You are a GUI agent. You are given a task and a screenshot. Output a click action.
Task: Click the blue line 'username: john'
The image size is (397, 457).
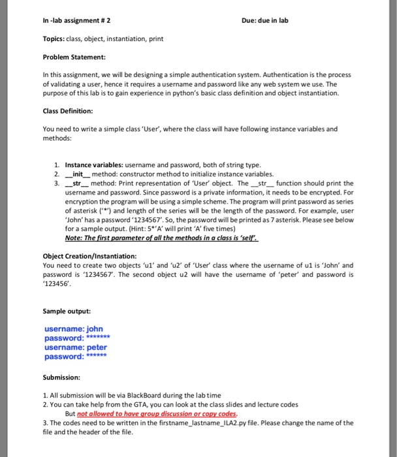point(74,329)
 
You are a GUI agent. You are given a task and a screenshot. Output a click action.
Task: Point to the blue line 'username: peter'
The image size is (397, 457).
point(76,347)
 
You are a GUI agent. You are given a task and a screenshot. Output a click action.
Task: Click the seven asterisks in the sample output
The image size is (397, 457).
point(99,338)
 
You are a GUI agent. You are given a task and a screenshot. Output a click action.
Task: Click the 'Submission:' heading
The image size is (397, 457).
point(61,377)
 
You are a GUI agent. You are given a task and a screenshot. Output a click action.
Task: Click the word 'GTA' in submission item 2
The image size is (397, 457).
point(129,405)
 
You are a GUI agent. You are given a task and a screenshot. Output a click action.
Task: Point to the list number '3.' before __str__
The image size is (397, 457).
point(56,183)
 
